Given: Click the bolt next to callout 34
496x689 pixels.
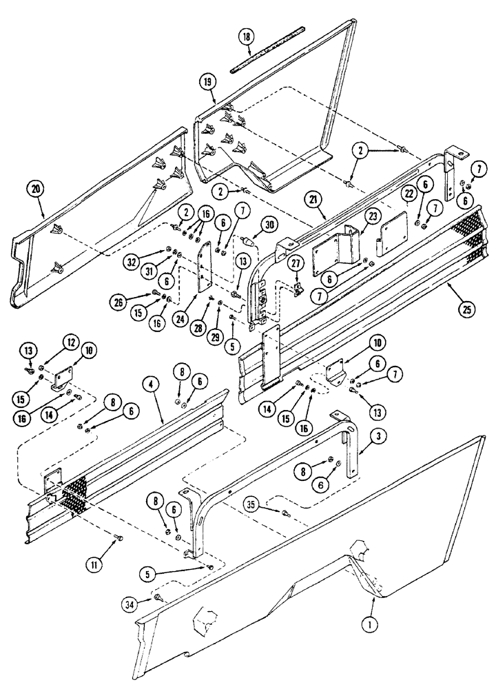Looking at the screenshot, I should tap(159, 599).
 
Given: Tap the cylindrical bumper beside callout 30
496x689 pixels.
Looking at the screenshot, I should tap(249, 242).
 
